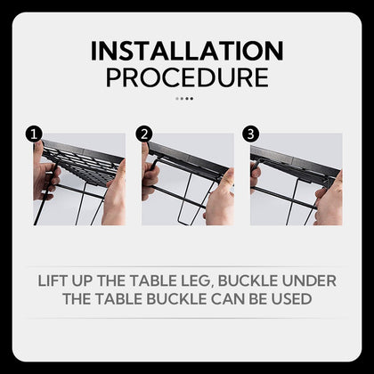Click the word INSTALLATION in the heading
(x=187, y=50)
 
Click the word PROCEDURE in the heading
(x=187, y=77)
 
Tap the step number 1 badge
(x=35, y=134)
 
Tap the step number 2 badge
(x=144, y=134)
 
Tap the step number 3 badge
(x=252, y=134)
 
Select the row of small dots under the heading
(x=184, y=99)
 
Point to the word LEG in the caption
(x=222, y=280)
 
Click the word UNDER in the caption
(x=309, y=280)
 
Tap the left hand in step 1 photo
(x=44, y=174)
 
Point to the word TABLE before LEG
(x=174, y=280)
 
